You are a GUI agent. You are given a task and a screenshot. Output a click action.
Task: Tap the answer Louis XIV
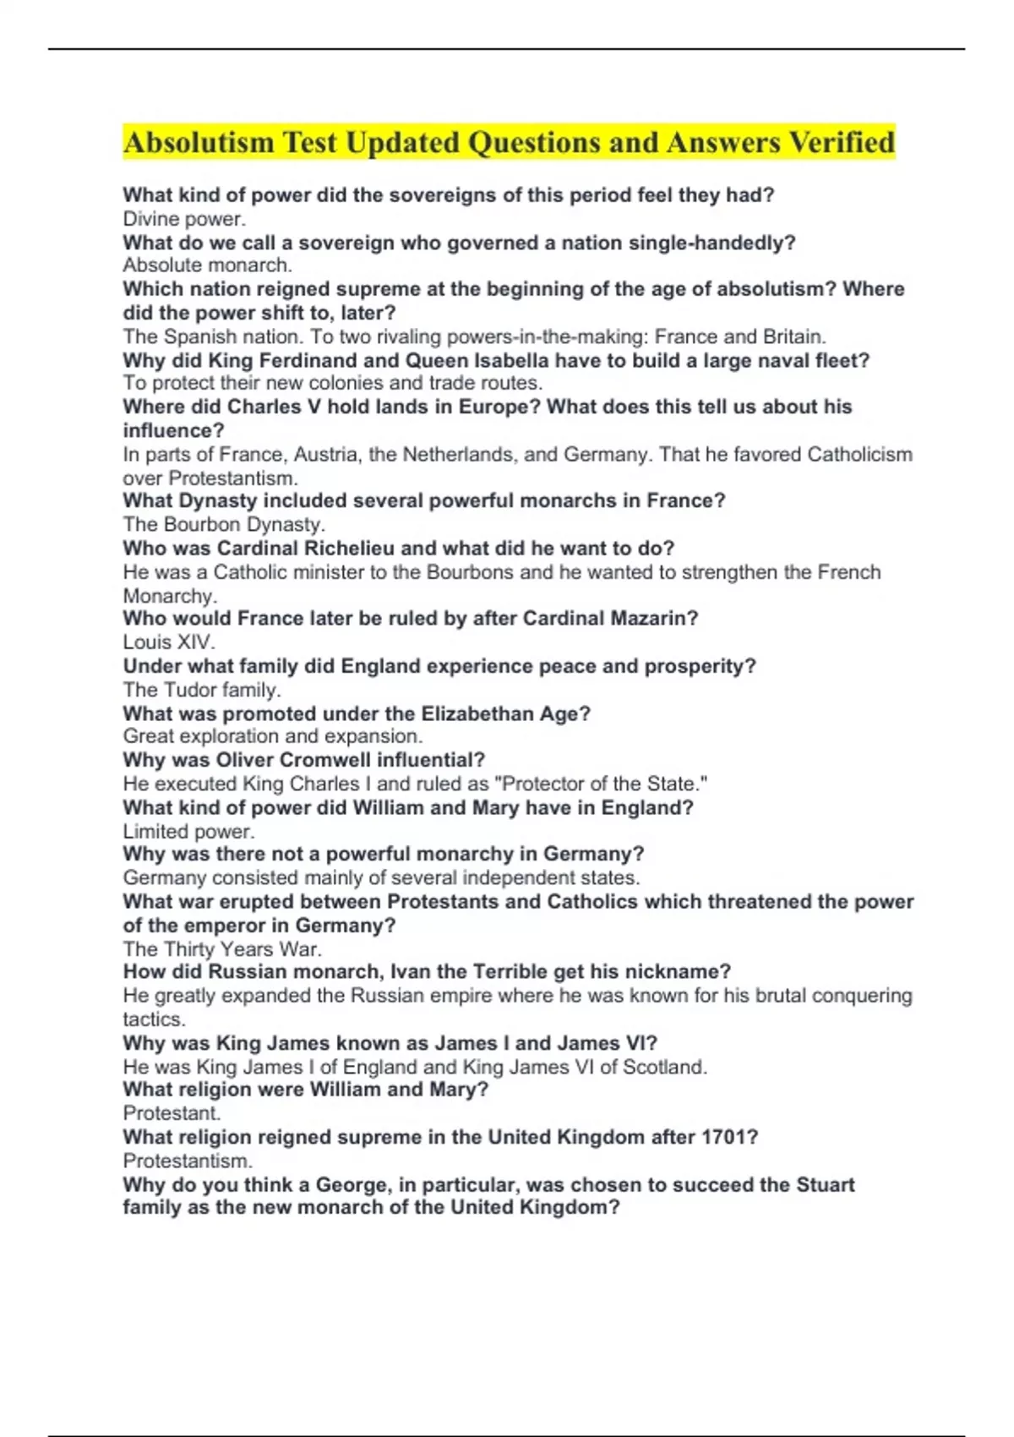click(169, 642)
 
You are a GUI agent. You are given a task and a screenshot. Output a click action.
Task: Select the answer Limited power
click(188, 831)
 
